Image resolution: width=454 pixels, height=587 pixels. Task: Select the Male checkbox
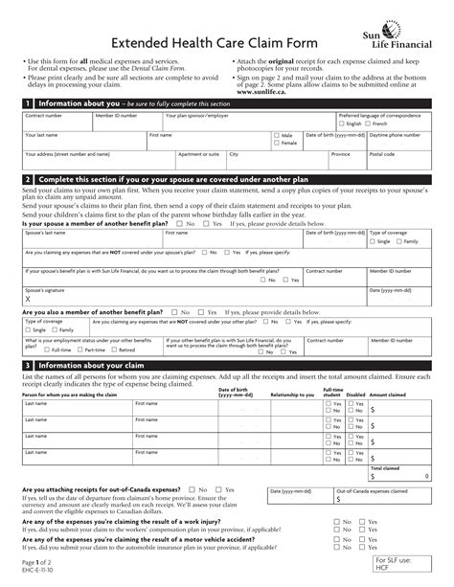coord(276,137)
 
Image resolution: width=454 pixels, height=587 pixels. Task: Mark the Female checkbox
coord(276,145)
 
